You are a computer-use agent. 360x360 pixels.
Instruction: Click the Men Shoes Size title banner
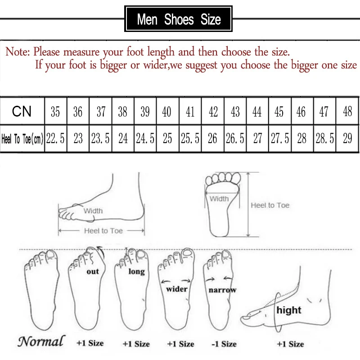(x=179, y=19)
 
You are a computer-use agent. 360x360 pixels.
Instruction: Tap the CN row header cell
(x=22, y=111)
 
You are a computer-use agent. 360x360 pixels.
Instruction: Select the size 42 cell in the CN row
(x=213, y=112)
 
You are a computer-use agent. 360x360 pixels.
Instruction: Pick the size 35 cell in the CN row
(x=55, y=112)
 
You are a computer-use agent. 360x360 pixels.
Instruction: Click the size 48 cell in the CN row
(x=347, y=112)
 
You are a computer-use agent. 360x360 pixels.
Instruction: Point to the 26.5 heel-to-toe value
(x=235, y=139)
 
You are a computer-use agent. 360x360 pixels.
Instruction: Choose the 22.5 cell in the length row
(x=55, y=139)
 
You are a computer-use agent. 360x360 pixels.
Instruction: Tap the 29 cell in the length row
(x=347, y=139)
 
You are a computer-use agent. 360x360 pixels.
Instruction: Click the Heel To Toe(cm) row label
(x=22, y=139)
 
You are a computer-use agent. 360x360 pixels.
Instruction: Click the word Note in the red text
(x=17, y=51)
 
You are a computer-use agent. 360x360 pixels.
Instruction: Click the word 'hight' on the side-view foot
(x=289, y=310)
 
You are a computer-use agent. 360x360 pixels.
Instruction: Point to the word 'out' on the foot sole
(x=93, y=272)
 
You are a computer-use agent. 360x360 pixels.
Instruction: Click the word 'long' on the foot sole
(x=136, y=272)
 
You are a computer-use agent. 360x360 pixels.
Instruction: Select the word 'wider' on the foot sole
(x=176, y=288)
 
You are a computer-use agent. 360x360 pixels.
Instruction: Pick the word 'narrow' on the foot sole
(x=222, y=290)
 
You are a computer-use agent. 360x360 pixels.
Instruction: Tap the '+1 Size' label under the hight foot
(x=290, y=344)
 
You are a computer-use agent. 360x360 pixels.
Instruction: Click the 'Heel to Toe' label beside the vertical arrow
(x=270, y=205)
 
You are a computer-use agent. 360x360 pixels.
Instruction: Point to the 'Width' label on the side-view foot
(x=93, y=211)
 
